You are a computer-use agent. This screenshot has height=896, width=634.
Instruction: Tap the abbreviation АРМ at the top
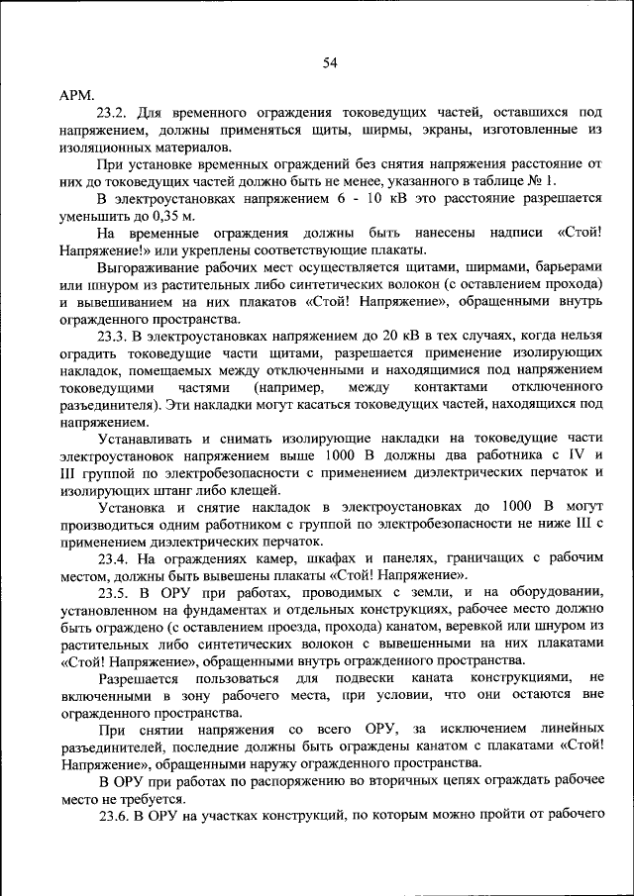pyautogui.click(x=76, y=96)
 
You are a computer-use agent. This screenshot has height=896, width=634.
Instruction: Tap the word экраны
pyautogui.click(x=446, y=131)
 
